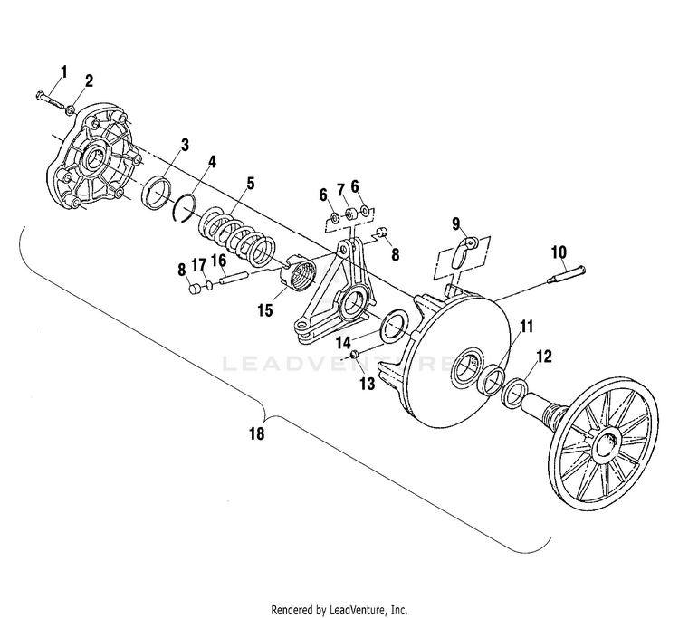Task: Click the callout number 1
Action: [64, 71]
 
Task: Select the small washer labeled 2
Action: [70, 110]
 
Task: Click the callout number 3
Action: [185, 145]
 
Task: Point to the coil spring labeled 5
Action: [237, 237]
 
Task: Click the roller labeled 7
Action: [350, 214]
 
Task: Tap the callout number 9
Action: [455, 223]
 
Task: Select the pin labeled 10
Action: [567, 275]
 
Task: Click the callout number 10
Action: [559, 252]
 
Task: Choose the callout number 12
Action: [544, 357]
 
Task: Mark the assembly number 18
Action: [256, 433]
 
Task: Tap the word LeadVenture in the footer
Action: [356, 610]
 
